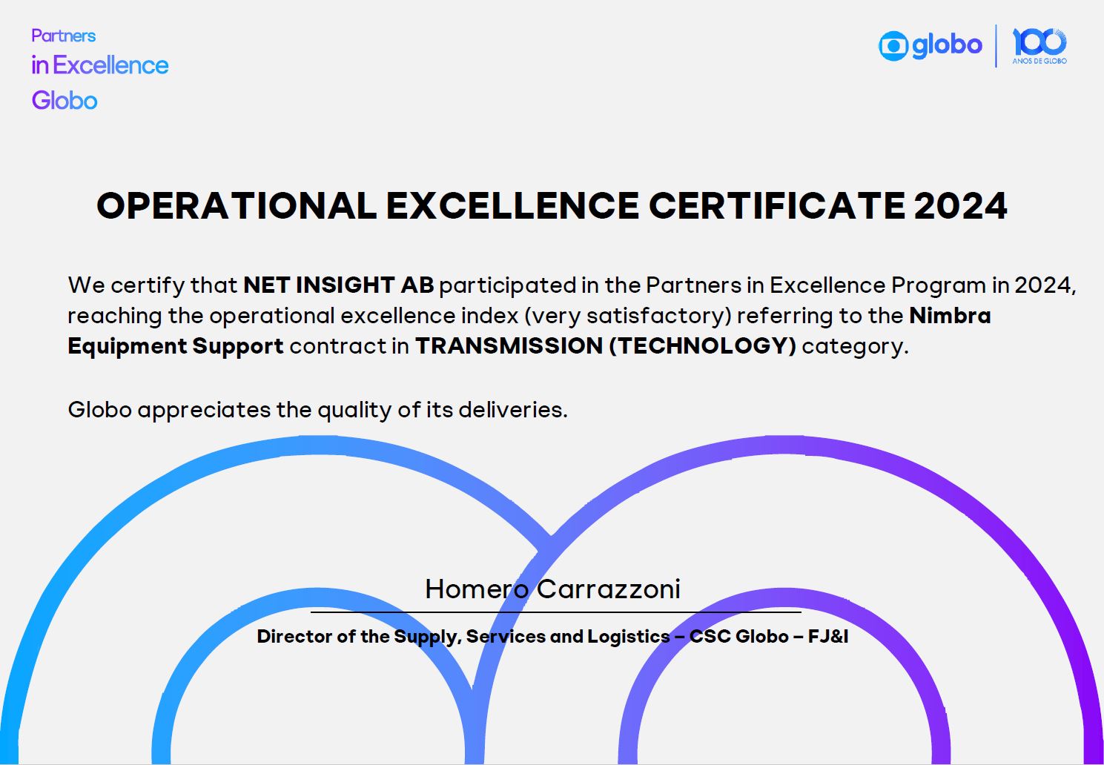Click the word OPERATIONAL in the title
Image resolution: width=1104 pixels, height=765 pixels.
click(237, 205)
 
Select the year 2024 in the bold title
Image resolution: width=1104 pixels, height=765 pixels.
click(960, 205)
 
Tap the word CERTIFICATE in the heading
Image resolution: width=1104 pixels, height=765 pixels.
click(776, 205)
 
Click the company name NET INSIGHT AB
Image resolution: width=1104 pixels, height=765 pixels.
click(339, 285)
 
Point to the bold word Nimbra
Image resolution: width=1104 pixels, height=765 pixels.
click(950, 315)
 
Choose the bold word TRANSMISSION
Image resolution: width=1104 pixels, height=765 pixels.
click(509, 345)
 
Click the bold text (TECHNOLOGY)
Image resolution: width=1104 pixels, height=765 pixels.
click(703, 345)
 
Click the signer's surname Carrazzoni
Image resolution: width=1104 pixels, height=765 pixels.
click(608, 589)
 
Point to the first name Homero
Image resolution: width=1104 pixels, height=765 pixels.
click(477, 589)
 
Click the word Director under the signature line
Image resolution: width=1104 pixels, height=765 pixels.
click(294, 636)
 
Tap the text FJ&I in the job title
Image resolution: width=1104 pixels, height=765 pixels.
click(828, 636)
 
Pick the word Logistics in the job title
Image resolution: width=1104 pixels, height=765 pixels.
click(629, 637)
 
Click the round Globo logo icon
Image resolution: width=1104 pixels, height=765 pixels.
click(893, 46)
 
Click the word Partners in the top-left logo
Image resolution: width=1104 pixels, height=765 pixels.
click(64, 36)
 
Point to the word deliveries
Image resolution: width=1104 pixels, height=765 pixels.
click(513, 409)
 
